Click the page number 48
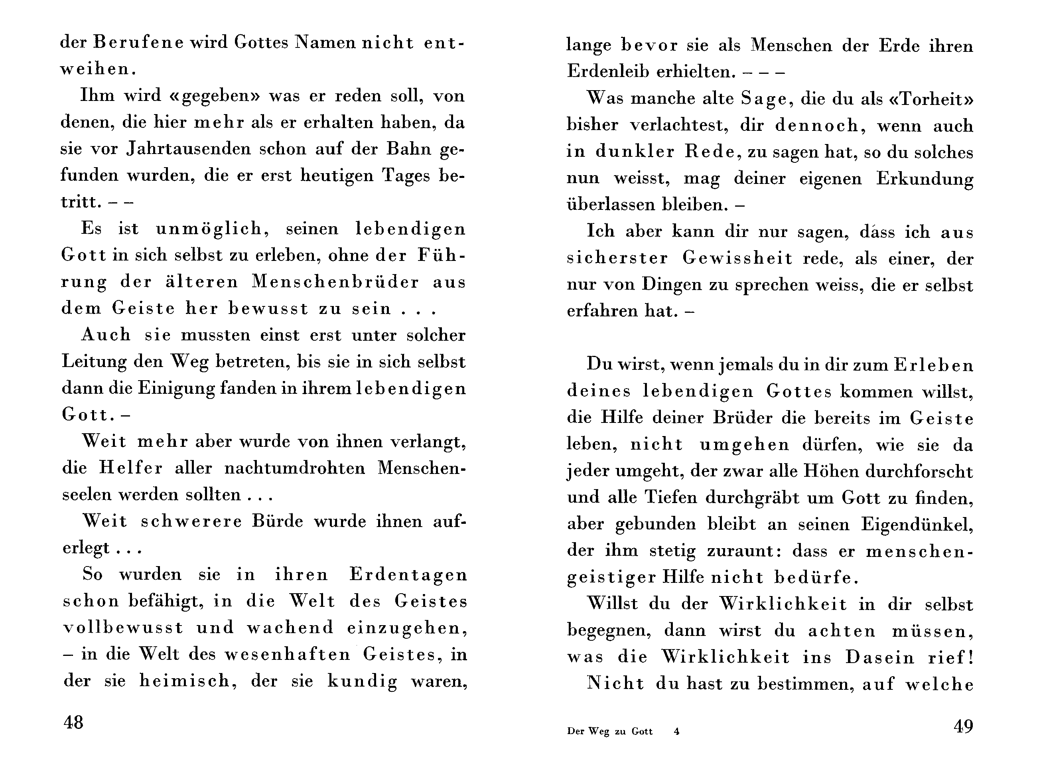coord(73,722)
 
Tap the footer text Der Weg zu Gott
coord(609,731)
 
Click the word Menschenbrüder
coord(335,282)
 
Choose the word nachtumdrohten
coord(294,468)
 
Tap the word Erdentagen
coord(408,574)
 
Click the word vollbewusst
coord(123,627)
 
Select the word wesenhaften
coord(288,654)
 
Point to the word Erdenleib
coord(605,71)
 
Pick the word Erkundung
coord(925,178)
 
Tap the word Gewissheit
coord(737,259)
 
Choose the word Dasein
coord(880,657)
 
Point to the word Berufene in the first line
coord(138,43)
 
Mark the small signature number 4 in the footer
coord(676,731)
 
